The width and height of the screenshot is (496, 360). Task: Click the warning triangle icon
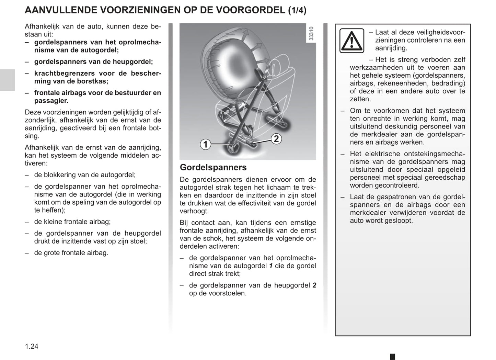pyautogui.click(x=351, y=41)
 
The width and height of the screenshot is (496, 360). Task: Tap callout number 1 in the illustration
pyautogui.click(x=205, y=144)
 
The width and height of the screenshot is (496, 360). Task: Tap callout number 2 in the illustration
pyautogui.click(x=276, y=139)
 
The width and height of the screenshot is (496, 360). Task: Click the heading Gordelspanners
pyautogui.click(x=213, y=167)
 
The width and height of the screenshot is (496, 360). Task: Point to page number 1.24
pyautogui.click(x=32, y=346)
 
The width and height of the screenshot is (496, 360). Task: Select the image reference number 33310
pyautogui.click(x=311, y=34)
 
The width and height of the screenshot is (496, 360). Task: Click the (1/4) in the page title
pyautogui.click(x=297, y=10)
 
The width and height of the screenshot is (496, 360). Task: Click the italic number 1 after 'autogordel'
pyautogui.click(x=271, y=266)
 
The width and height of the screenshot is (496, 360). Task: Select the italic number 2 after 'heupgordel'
pyautogui.click(x=314, y=285)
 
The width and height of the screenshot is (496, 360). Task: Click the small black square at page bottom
pyautogui.click(x=393, y=357)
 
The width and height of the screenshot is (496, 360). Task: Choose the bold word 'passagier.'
pyautogui.click(x=51, y=101)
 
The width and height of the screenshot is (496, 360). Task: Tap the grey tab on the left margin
pyautogui.click(x=7, y=80)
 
